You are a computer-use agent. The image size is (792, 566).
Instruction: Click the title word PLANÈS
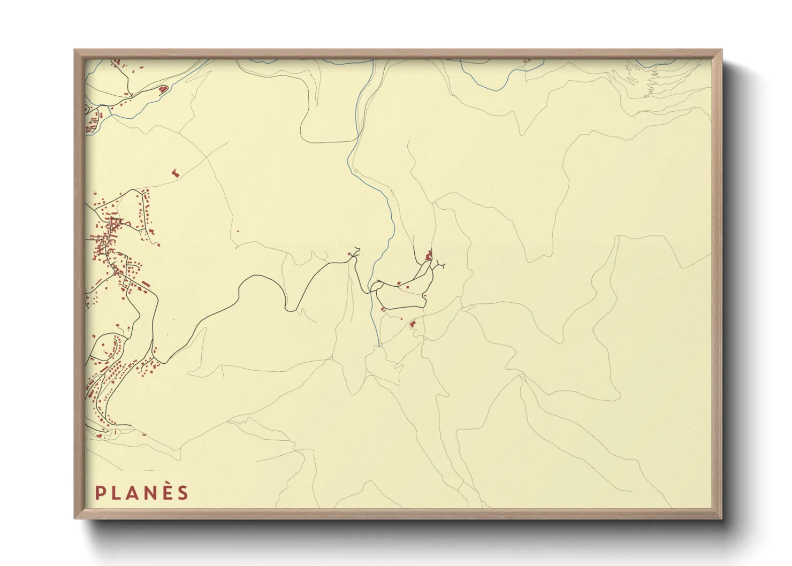tap(142, 493)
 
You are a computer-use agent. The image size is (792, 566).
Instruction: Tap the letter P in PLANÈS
tap(100, 493)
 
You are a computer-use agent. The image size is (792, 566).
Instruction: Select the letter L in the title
tap(116, 493)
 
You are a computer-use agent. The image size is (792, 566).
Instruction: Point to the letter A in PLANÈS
tap(132, 493)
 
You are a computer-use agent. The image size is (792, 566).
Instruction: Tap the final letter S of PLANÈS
tap(183, 493)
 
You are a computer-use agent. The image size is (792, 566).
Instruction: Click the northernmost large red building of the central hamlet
tap(428, 256)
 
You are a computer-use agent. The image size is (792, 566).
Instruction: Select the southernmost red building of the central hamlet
tap(412, 324)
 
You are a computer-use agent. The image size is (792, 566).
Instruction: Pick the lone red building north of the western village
tap(174, 173)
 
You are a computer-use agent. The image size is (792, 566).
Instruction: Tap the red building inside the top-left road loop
tap(161, 89)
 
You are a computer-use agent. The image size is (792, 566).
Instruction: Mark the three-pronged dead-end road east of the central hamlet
tap(440, 264)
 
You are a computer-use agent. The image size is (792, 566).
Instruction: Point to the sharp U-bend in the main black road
tap(291, 309)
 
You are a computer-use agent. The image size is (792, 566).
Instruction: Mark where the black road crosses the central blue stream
tap(370, 292)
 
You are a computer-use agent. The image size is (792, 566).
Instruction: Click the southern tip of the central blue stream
tap(379, 345)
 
